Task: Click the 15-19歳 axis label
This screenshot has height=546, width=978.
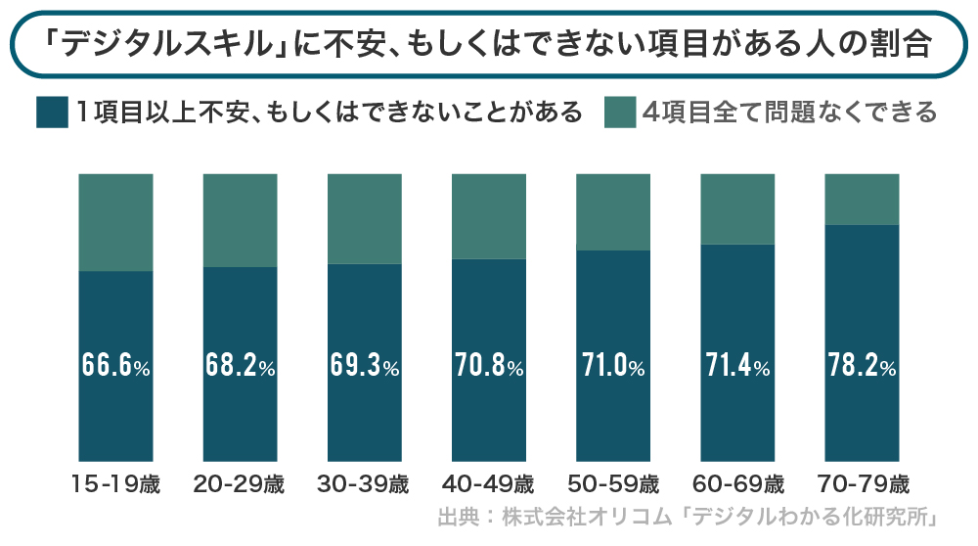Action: click(115, 484)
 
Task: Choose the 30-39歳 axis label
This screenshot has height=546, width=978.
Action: click(364, 484)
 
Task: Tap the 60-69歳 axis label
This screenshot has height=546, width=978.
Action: click(737, 484)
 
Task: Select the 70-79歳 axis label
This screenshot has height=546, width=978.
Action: click(862, 484)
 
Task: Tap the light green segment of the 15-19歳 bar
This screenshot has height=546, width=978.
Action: click(115, 222)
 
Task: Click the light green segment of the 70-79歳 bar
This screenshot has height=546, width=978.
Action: click(862, 199)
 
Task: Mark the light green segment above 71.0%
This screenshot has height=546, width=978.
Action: click(613, 211)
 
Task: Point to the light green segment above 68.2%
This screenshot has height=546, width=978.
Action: click(240, 220)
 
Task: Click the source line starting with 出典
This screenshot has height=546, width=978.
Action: click(688, 518)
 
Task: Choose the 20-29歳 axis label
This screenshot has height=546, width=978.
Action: click(240, 484)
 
